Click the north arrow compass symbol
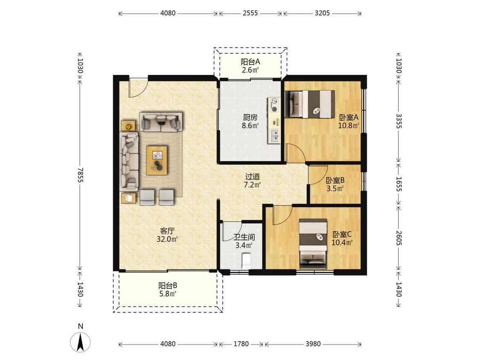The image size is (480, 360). [80, 342]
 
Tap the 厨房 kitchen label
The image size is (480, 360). [250, 117]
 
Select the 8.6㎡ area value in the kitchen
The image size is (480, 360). [250, 125]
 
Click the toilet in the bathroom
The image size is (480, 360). [246, 261]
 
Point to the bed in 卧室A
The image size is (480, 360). [310, 104]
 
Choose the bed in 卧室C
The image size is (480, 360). [313, 244]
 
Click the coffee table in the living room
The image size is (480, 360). [157, 160]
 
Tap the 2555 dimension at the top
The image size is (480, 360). [250, 13]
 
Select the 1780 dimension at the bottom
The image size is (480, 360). [241, 344]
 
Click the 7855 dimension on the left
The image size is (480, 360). [80, 175]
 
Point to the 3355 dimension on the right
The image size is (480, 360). [399, 121]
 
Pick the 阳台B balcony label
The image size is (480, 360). [167, 286]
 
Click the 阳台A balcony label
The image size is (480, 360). [250, 62]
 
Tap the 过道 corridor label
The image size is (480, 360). [253, 177]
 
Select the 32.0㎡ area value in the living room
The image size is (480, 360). [167, 239]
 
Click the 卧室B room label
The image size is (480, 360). [335, 180]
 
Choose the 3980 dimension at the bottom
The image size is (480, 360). [313, 344]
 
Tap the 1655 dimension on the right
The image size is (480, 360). [399, 184]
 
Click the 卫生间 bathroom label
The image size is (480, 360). [244, 237]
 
